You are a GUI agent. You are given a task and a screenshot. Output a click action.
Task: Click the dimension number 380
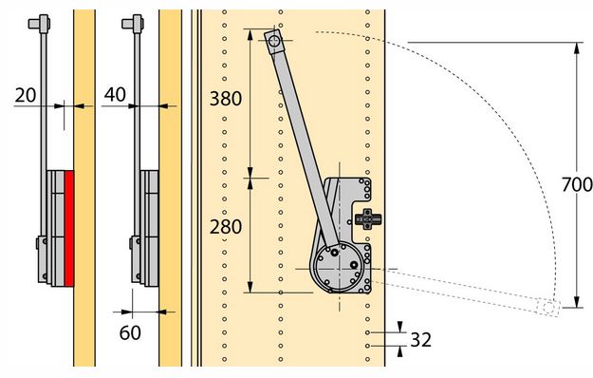click(226, 99)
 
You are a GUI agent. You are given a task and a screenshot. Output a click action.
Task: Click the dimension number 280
click(226, 227)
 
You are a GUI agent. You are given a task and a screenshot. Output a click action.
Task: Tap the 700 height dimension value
click(577, 184)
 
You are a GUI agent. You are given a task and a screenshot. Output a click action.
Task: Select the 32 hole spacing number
click(420, 340)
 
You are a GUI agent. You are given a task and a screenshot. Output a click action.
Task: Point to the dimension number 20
click(26, 95)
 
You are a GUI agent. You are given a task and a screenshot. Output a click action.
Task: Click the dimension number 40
click(115, 95)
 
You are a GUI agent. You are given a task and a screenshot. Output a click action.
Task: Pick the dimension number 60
click(130, 333)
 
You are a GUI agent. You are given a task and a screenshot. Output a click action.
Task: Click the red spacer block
click(69, 228)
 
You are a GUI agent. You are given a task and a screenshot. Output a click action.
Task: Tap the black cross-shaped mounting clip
click(368, 218)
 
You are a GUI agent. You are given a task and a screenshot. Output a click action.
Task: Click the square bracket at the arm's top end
click(274, 42)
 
